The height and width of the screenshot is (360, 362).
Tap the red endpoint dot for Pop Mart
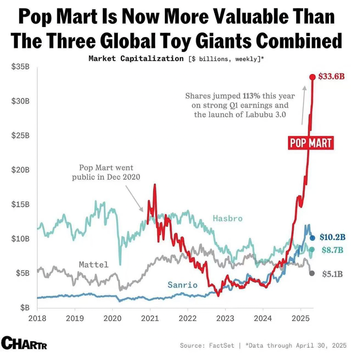pos(313,77)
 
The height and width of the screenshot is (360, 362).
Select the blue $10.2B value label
pos(332,237)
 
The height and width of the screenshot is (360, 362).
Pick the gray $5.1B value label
pos(332,273)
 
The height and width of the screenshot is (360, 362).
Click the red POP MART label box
pos(311,143)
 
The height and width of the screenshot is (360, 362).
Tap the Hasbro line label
pos(228,218)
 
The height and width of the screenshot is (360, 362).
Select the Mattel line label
pos(93,264)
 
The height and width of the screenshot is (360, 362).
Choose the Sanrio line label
pos(182,285)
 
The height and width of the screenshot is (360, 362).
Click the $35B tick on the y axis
pos(20,66)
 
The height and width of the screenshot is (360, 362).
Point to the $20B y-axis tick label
pos(20,170)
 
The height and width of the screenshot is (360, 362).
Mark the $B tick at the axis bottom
pos(23,307)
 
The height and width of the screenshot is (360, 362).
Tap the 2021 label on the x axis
pos(150,318)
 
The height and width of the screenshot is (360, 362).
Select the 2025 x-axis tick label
pos(301,318)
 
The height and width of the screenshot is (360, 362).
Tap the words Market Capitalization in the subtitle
pos(136,58)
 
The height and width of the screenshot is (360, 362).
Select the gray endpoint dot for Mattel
pos(312,273)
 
